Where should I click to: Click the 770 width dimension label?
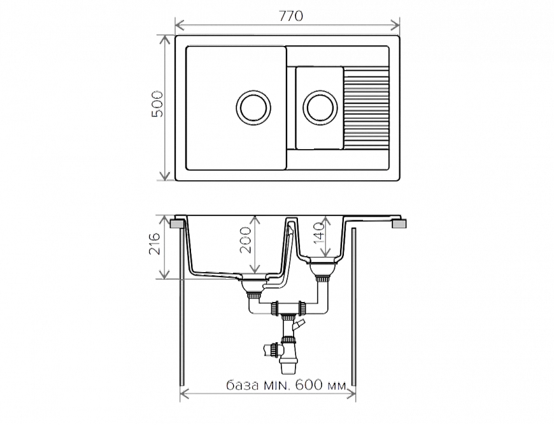tap(290, 17)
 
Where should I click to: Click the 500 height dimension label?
tap(157, 104)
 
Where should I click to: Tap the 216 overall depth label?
tap(154, 244)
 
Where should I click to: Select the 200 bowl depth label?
tap(245, 240)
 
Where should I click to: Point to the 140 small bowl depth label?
tap(318, 233)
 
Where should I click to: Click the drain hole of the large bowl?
tap(253, 108)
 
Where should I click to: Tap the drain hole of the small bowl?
tap(320, 108)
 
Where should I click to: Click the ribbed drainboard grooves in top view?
tap(366, 108)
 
